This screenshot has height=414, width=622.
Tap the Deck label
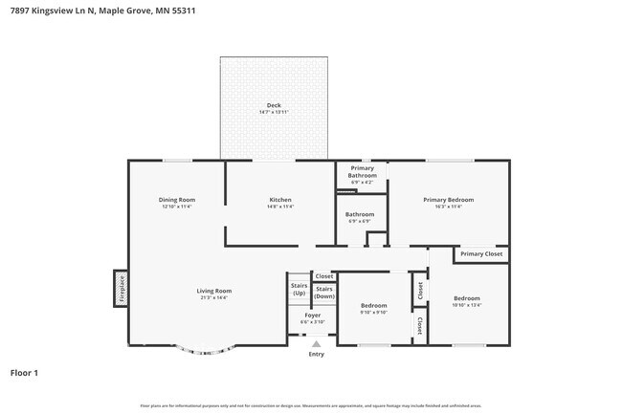pos(274,105)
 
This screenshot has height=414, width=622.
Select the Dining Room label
pos(176,200)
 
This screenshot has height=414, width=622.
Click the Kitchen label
pos(280,200)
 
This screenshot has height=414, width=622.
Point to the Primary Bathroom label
pos(362,172)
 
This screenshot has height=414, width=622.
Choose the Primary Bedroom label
pos(449,200)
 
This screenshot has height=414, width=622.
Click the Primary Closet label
pos(480,254)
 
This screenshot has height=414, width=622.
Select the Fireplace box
pos(122,288)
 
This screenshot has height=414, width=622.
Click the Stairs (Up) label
pos(299,289)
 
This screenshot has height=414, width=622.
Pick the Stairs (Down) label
pos(324,293)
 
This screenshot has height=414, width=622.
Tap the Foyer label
pos(313,315)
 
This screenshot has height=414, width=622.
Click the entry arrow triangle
pos(316,343)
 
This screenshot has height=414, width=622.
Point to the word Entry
pos(316,354)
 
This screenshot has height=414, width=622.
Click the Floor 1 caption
pos(24,373)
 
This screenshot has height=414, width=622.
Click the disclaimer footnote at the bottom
pos(310,405)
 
